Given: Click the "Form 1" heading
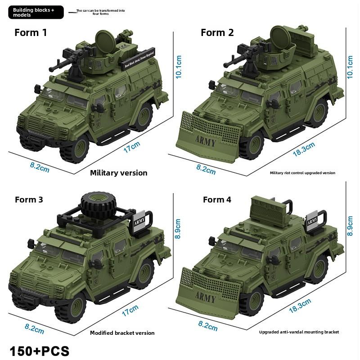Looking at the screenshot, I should (x=31, y=32).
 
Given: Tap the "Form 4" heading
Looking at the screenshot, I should (x=217, y=199).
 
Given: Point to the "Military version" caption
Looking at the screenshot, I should (x=118, y=173).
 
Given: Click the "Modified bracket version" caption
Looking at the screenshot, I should (x=122, y=333).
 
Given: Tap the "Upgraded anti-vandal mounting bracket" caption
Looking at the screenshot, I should (x=299, y=332).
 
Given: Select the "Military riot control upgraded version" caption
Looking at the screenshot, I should (x=302, y=173).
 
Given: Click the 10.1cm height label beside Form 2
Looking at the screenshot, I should (x=351, y=67).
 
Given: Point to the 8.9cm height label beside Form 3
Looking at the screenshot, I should (x=179, y=229).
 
